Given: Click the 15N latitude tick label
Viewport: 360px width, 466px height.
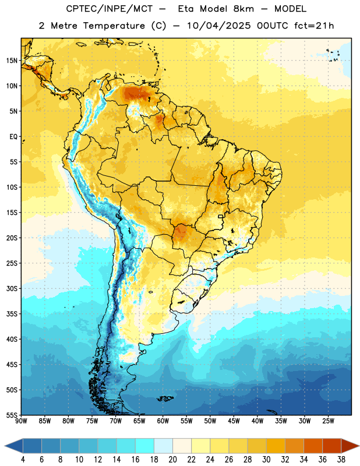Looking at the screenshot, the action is click(12, 61).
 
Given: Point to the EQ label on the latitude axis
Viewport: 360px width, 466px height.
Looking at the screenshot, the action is click(13, 137).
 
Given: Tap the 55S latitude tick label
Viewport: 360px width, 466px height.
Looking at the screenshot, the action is click(12, 415).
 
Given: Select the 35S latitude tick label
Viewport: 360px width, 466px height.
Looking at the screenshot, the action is click(12, 314).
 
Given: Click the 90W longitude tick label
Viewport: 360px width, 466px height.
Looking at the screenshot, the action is click(21, 421).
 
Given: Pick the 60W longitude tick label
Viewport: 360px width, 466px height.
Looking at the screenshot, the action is click(163, 421).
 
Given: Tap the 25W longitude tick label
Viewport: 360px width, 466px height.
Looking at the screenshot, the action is click(328, 421).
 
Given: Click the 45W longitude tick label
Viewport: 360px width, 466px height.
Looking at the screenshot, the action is click(234, 421).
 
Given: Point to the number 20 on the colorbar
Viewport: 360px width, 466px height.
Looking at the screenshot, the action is click(172, 460).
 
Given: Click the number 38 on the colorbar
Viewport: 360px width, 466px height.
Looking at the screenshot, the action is click(341, 460).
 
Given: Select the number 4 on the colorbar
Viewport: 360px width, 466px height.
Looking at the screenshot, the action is click(23, 460).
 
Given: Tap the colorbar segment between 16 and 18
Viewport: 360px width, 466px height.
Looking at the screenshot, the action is click(145, 446).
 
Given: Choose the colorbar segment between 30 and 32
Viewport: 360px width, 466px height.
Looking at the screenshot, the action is click(276, 446).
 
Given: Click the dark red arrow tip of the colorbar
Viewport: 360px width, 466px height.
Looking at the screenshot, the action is click(358, 446).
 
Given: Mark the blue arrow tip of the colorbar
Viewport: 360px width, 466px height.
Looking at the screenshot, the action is click(5, 446).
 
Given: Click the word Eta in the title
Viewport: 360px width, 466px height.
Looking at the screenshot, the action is click(186, 9).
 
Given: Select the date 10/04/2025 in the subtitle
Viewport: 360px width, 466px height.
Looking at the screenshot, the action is click(218, 26).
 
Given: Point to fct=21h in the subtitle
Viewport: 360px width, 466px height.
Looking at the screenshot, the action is click(314, 26).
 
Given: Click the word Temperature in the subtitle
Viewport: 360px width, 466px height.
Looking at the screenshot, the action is click(114, 26).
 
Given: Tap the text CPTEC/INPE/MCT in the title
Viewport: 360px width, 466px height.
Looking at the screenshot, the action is click(109, 9).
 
